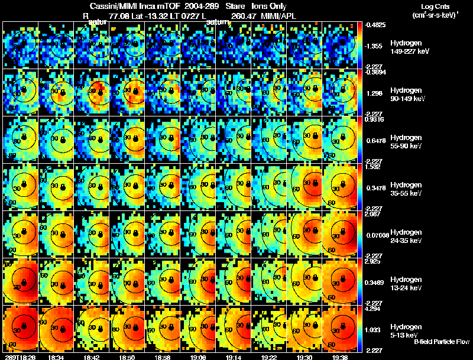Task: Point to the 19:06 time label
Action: tap(198, 357)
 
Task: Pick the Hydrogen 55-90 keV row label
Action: tap(406, 141)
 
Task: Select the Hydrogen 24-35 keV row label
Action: tap(406, 236)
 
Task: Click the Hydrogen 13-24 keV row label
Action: tap(406, 283)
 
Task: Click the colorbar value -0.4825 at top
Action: tap(375, 25)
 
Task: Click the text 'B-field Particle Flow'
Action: tap(441, 342)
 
